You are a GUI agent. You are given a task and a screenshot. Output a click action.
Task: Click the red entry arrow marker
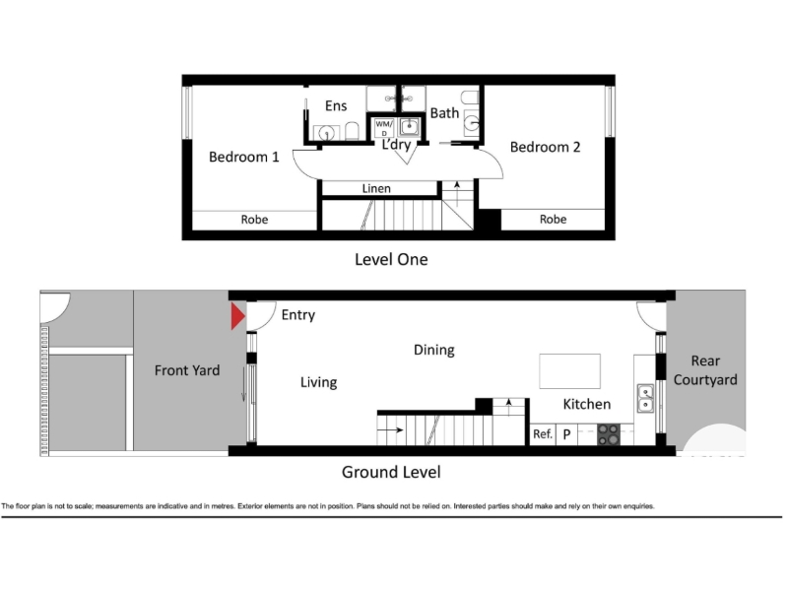[x=237, y=316]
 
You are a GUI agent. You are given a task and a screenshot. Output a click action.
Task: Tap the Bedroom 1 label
[x=243, y=157]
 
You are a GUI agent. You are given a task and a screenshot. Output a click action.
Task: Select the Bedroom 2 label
[x=545, y=147]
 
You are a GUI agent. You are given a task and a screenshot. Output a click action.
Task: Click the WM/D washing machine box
[x=384, y=128]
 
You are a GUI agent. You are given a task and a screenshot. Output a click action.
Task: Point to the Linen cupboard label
[x=376, y=188]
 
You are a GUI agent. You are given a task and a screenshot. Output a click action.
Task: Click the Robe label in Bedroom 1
[x=254, y=220]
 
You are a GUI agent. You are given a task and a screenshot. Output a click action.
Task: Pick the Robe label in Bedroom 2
[x=553, y=219]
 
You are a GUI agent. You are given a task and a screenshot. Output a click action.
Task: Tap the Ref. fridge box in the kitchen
[x=544, y=434]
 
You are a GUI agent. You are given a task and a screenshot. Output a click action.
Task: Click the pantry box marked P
[x=567, y=434]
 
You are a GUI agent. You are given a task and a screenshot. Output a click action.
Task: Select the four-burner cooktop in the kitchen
[x=609, y=434]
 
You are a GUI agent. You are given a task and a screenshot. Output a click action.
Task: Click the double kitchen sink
[x=645, y=399]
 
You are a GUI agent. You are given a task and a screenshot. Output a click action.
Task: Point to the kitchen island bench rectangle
[x=570, y=371]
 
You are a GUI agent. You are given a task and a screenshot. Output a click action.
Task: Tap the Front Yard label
[x=187, y=370]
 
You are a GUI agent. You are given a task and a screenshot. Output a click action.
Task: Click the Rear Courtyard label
[x=705, y=370]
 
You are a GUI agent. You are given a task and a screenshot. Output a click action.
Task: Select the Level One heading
[x=391, y=259]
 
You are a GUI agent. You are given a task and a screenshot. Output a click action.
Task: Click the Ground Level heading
[x=391, y=472]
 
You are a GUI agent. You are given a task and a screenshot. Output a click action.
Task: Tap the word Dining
[x=434, y=350]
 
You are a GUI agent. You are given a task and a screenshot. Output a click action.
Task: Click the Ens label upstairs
[x=336, y=105]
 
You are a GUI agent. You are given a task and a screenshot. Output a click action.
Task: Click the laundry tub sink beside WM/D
[x=409, y=127]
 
